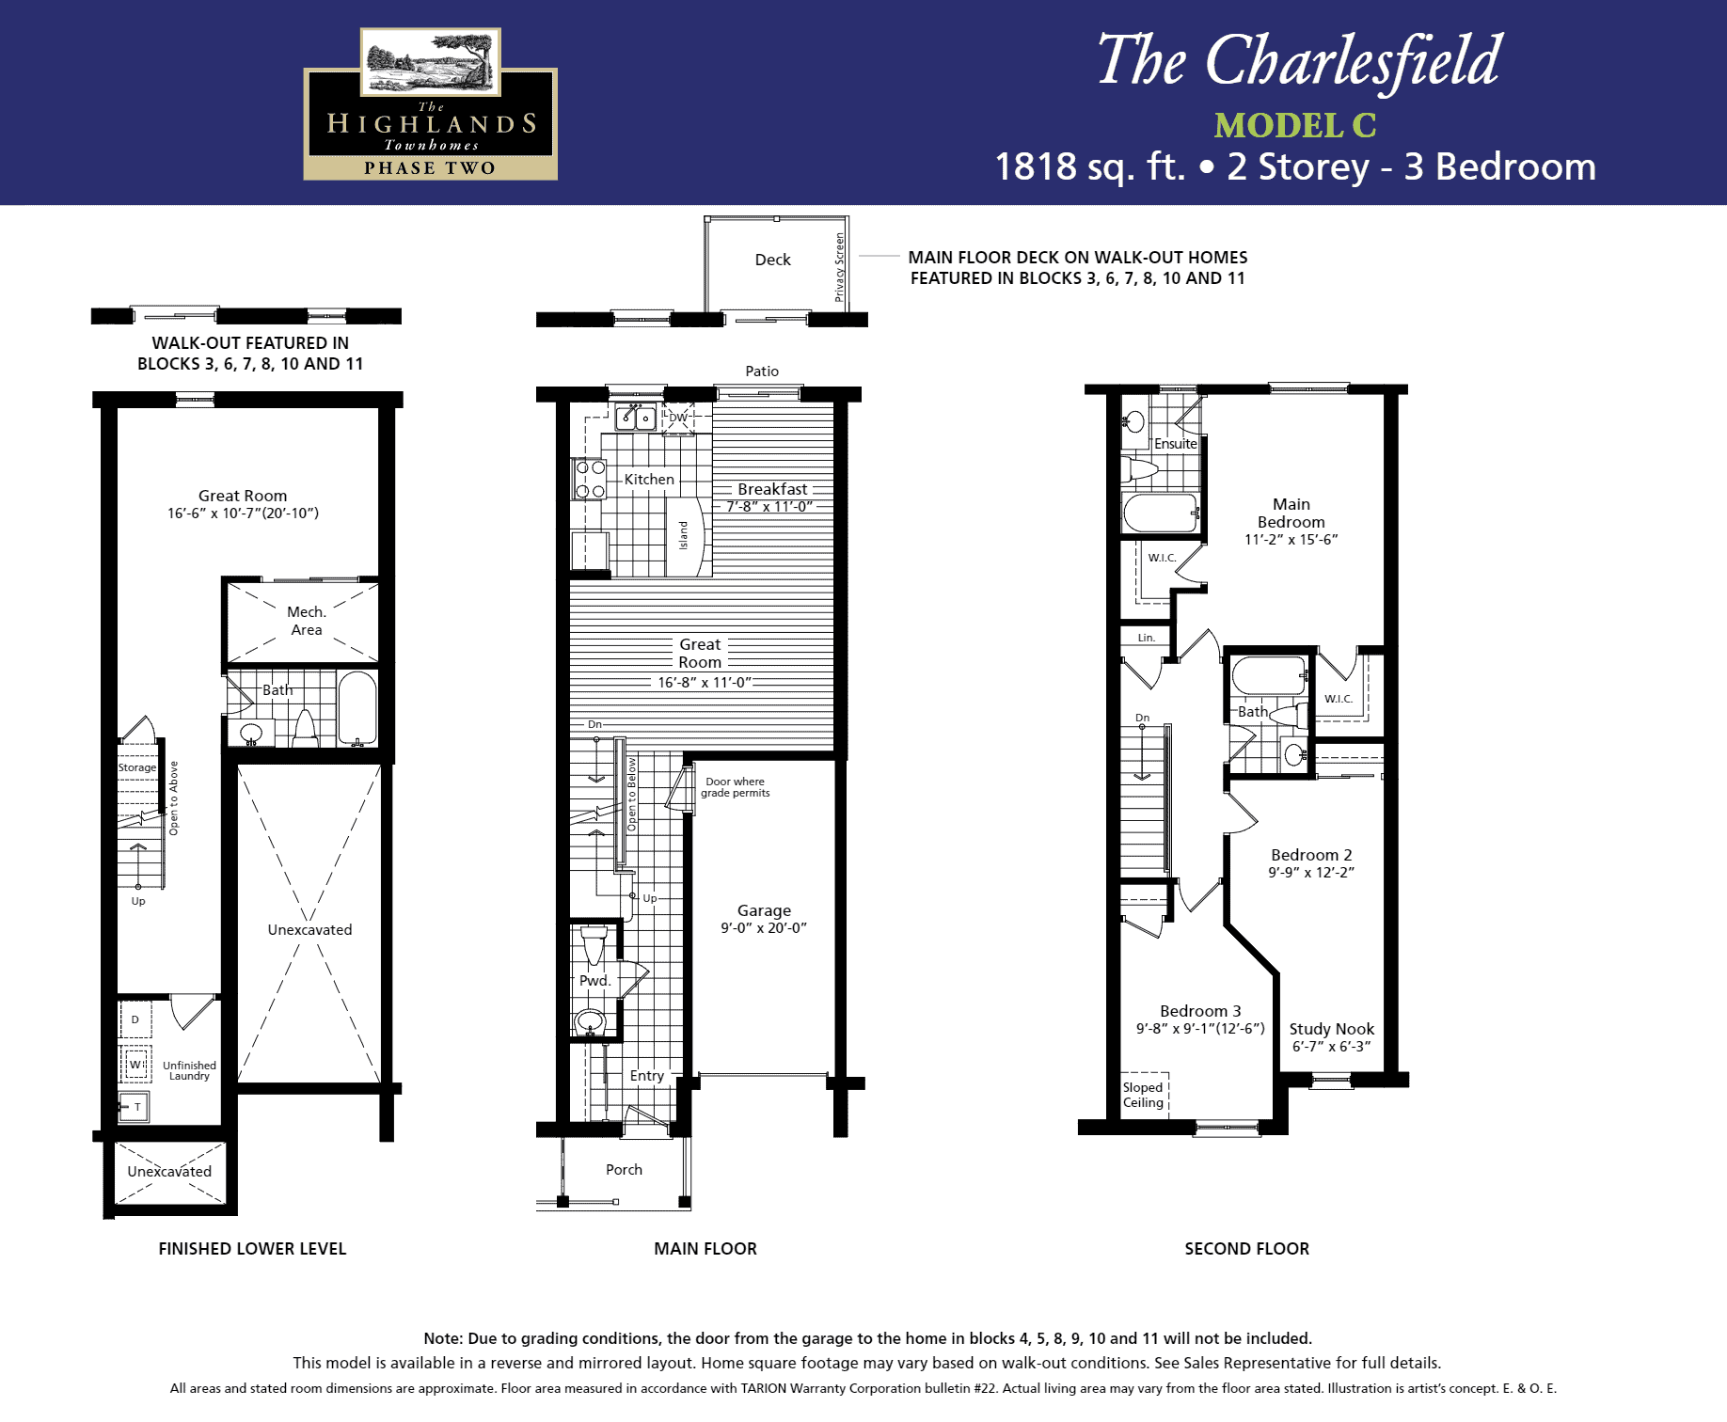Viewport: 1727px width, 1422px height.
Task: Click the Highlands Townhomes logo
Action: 430,103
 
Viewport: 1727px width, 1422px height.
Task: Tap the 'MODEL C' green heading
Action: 1294,125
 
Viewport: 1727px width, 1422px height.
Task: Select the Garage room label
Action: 764,910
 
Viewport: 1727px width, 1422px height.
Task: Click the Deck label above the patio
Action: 772,260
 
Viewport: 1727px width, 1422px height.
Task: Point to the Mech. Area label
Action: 307,621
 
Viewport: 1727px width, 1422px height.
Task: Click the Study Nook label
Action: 1331,1029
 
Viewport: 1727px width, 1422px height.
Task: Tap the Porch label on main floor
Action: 624,1169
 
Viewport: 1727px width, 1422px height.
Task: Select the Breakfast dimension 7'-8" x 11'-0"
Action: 769,507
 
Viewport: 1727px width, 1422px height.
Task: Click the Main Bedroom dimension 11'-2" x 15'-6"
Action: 1291,540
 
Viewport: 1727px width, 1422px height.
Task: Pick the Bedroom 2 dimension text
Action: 1311,873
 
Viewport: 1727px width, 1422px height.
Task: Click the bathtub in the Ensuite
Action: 1161,513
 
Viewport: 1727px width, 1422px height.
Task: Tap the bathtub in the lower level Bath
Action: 356,708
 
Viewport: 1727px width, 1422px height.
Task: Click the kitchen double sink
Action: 636,417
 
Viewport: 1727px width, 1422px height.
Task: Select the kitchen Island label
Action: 683,535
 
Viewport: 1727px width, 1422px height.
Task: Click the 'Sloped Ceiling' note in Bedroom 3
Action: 1143,1095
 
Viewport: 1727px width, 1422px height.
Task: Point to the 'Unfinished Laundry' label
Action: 189,1070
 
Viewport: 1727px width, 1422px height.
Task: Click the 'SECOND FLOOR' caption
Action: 1246,1249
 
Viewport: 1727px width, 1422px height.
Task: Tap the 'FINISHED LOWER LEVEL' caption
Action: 252,1249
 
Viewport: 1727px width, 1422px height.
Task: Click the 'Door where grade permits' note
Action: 735,787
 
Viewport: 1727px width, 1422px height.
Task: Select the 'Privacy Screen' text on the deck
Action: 839,267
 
